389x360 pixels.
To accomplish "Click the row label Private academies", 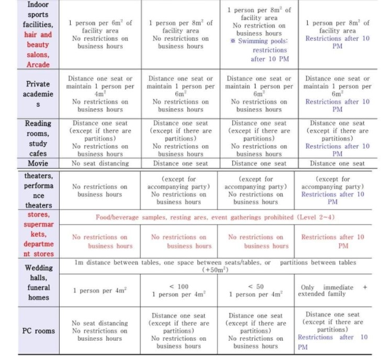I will point(38,94).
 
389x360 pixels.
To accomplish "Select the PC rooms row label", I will point(38,331).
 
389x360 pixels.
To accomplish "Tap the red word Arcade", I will point(38,64).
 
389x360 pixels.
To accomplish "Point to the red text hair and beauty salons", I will point(38,44).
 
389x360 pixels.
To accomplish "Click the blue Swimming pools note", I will point(259,50).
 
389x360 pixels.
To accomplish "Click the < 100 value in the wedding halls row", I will point(180,286).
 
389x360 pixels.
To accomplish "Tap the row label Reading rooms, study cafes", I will point(38,138).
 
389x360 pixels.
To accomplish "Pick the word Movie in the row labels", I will point(38,164).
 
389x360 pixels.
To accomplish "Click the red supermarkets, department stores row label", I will point(38,234).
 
